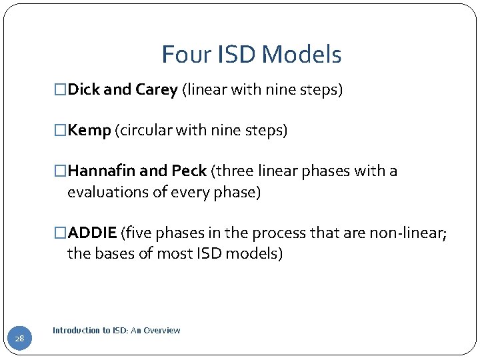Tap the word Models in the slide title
309,55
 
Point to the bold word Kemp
89,130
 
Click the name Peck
189,171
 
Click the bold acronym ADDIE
93,233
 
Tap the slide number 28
20,339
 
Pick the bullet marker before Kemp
61,131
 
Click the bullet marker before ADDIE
61,233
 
